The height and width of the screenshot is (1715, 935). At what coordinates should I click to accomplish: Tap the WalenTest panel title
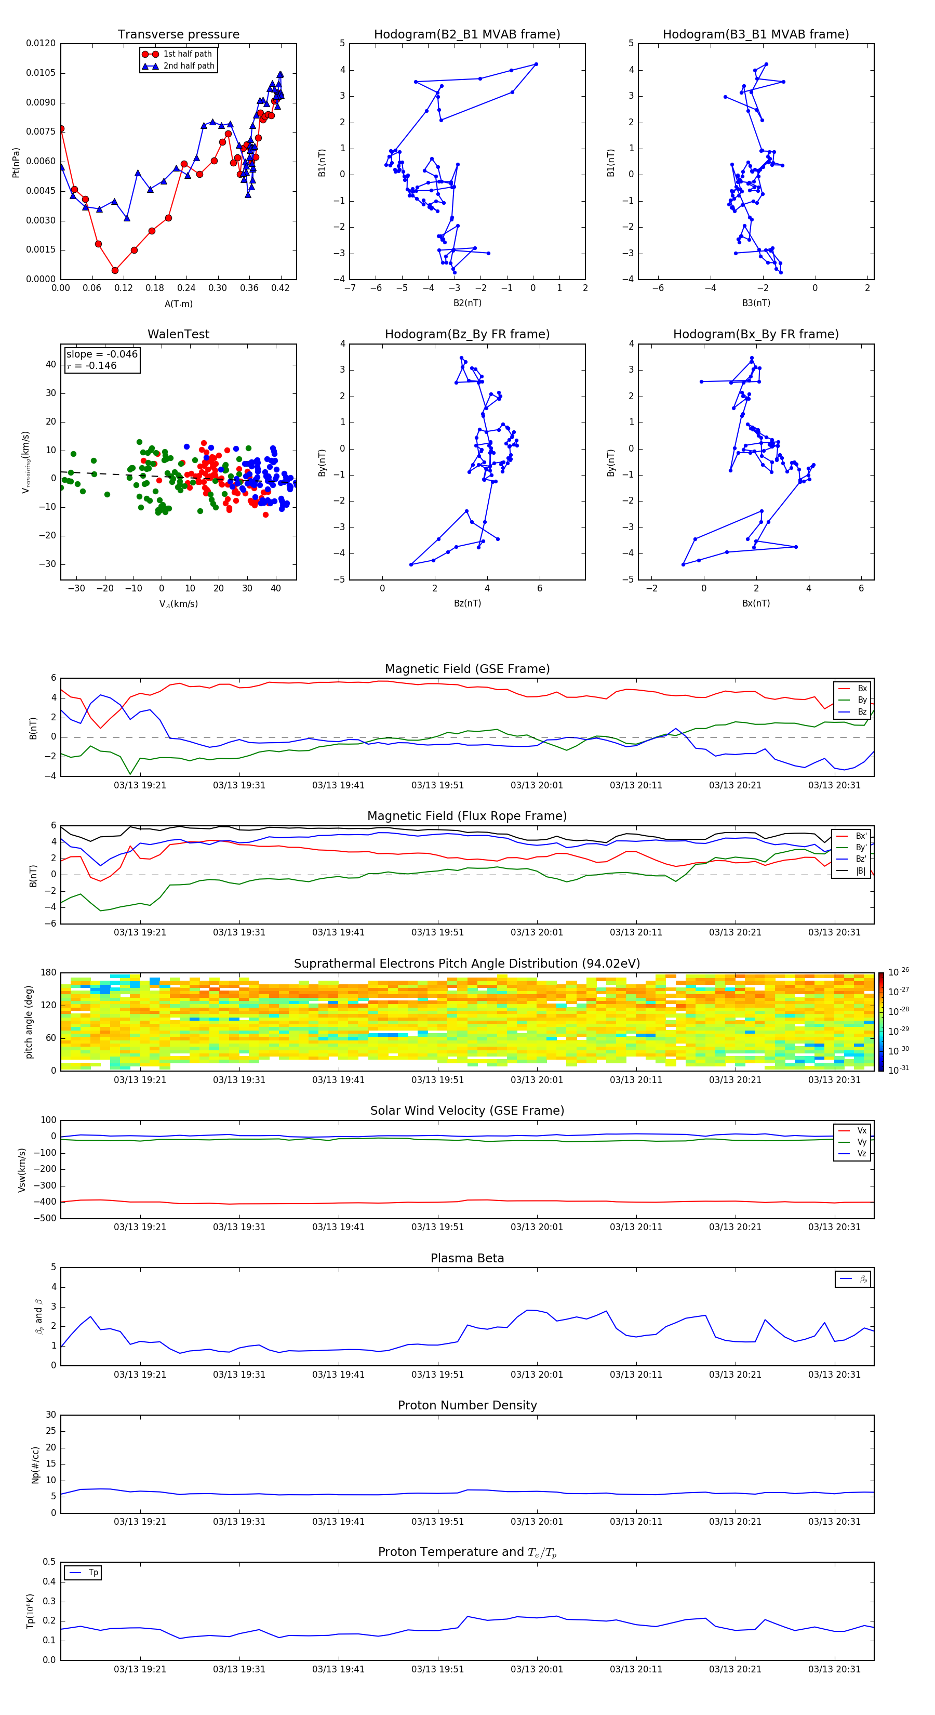178,334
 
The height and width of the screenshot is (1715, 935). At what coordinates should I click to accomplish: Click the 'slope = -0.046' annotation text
102,354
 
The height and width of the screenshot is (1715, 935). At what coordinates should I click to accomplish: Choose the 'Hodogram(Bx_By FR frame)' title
755,334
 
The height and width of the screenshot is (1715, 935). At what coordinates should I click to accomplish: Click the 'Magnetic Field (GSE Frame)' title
466,669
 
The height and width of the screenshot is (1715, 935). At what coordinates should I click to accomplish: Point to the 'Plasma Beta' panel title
466,1258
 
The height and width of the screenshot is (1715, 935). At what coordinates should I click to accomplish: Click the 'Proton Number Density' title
466,1405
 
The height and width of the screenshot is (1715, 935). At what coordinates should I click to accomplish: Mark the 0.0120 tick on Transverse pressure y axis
41,43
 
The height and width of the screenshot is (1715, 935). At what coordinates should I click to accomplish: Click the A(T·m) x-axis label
178,304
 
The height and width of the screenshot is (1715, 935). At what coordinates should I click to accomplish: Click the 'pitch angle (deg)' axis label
29,1021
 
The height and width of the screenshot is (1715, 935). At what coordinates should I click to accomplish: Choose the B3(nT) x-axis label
755,303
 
